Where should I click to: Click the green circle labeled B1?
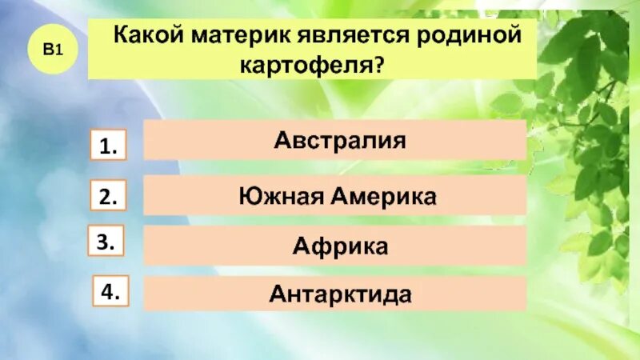tap(53, 50)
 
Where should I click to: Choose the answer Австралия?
tap(340, 141)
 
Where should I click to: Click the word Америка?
tap(383, 195)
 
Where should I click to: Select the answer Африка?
tap(340, 246)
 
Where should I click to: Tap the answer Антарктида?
tap(340, 294)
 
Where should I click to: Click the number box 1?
tap(109, 146)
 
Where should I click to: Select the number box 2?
tap(109, 198)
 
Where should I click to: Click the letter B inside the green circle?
tap(49, 50)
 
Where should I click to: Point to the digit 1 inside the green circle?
tap(58, 50)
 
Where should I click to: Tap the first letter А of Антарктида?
tap(276, 294)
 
